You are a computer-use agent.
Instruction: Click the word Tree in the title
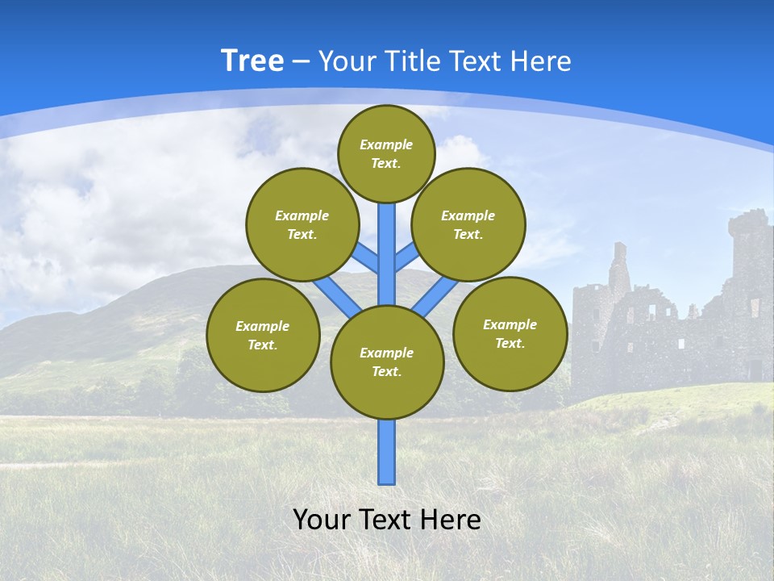[252, 61]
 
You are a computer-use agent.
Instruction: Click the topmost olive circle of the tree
[386, 153]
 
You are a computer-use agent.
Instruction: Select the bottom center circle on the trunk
[387, 362]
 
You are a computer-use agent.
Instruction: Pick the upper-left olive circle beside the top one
[302, 224]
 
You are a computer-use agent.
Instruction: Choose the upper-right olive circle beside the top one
[468, 224]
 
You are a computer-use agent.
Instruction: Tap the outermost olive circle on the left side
[263, 335]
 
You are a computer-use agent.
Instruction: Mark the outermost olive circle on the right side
[510, 333]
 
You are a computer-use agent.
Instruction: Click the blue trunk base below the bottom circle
[387, 452]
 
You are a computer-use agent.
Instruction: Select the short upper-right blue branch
[406, 257]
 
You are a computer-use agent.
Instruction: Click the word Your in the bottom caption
[321, 520]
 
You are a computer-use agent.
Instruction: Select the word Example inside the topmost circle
[386, 144]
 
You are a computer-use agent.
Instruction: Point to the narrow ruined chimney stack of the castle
[619, 266]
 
